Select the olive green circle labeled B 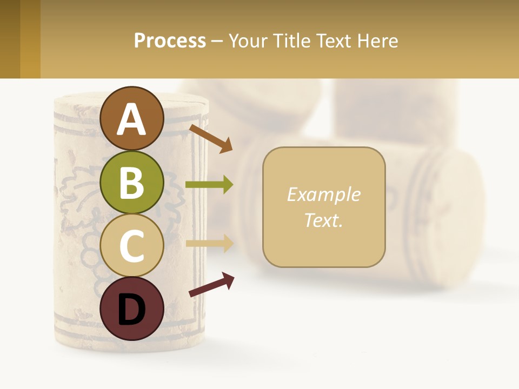[131, 183]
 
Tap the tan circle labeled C [131, 246]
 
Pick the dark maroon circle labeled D [131, 309]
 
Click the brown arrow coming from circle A [211, 138]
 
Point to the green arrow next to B [209, 185]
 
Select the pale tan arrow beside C [209, 243]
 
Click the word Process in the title [170, 41]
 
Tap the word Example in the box [323, 194]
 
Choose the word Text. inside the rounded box [323, 220]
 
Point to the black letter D [131, 310]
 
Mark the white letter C [131, 246]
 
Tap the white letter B [131, 183]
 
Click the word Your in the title [248, 41]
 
